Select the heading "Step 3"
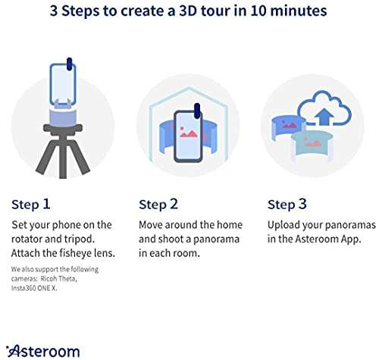(x=287, y=204)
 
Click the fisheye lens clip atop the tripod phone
(x=68, y=62)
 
